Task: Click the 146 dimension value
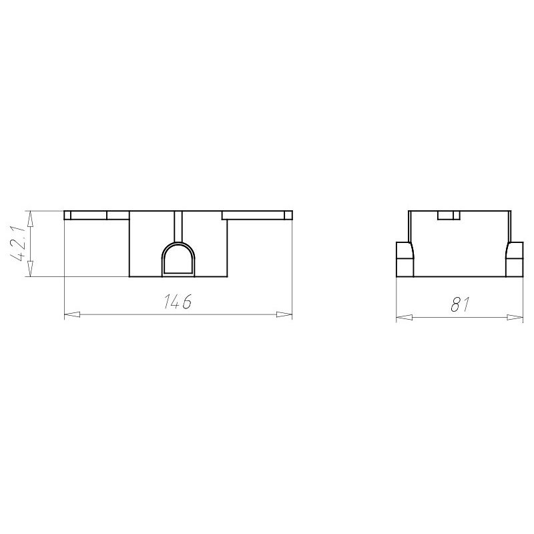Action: [x=178, y=301]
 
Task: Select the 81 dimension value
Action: [x=460, y=304]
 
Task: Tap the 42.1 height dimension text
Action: [x=19, y=244]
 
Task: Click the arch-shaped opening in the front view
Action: [x=178, y=258]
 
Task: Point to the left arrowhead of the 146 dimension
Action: [x=72, y=314]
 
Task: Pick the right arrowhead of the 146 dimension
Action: [x=284, y=314]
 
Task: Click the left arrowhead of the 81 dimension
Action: [x=405, y=318]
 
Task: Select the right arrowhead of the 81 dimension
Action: [x=515, y=318]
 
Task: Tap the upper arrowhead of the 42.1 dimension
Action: [x=30, y=219]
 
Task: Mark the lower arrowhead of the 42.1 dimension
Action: [x=30, y=268]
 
